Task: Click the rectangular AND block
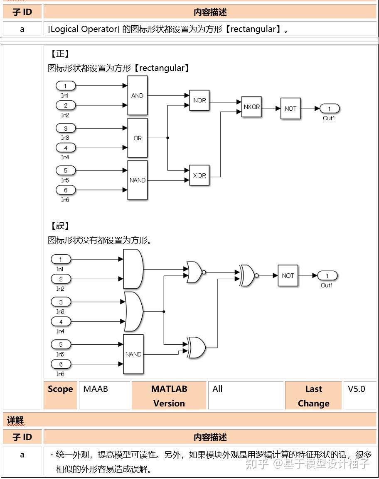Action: (137, 95)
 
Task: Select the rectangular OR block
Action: (137, 138)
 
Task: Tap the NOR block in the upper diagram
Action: (199, 100)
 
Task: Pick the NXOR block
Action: (251, 107)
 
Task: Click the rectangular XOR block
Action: (199, 175)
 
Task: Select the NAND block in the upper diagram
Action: (137, 180)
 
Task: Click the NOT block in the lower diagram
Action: (288, 276)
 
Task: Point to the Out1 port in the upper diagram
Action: (330, 109)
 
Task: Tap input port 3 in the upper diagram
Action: (65, 128)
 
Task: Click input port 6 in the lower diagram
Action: (61, 364)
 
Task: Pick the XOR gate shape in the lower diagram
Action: (196, 348)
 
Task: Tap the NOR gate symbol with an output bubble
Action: (194, 272)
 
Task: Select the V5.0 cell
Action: (357, 389)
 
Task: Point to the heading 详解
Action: (15, 420)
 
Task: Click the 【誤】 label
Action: (60, 226)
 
